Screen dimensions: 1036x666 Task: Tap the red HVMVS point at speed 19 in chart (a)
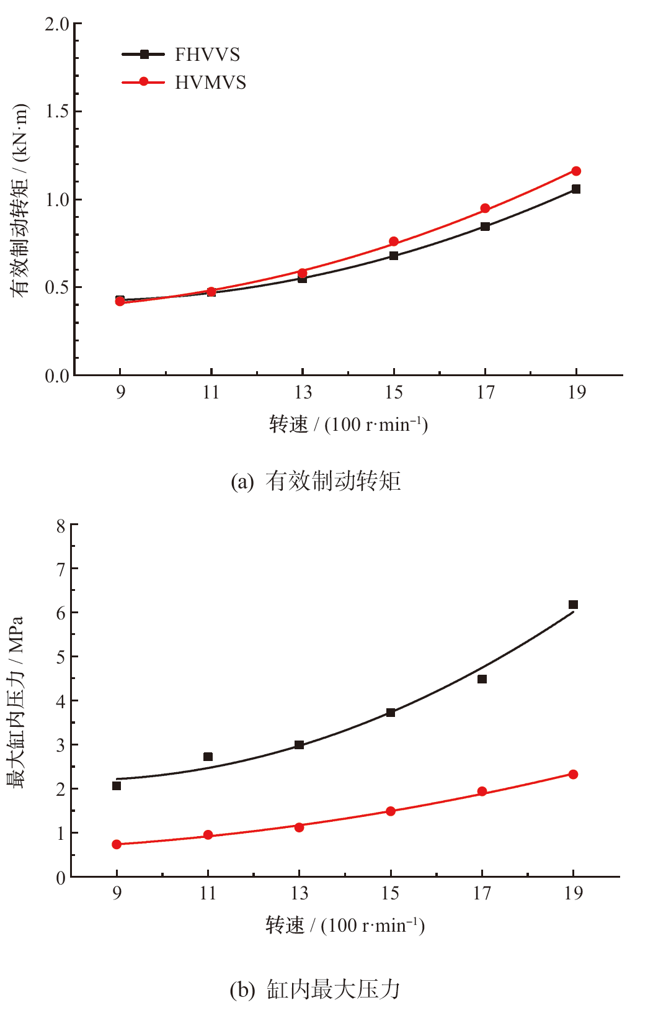pos(576,171)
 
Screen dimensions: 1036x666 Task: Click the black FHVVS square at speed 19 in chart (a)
pos(576,189)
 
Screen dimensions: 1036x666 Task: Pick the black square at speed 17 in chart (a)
pos(485,227)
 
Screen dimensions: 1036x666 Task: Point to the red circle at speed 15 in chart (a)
pos(394,241)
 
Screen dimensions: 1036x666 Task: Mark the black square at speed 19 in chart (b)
pos(573,605)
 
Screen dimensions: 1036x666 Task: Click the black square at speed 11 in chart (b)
pos(208,757)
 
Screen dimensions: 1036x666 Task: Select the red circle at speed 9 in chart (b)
pos(117,844)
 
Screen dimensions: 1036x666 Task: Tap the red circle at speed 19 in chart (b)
pos(573,775)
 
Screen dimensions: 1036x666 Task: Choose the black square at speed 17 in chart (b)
pos(482,679)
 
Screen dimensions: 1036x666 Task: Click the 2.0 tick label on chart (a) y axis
pos(56,24)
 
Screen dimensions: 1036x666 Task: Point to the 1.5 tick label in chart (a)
pos(56,112)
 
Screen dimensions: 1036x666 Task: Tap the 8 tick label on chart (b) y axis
pos(60,526)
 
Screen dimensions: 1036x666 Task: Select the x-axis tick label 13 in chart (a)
pos(303,392)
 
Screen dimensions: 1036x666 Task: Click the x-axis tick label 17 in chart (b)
pos(482,893)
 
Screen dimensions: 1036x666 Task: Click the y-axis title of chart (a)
pos(19,200)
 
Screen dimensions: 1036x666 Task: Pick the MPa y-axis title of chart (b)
pos(15,701)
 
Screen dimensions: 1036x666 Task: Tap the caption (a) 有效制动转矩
pos(316,481)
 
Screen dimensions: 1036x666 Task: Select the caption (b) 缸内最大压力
pos(315,989)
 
